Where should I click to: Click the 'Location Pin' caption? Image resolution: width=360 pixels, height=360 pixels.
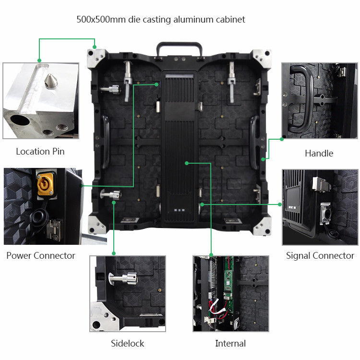[x=40, y=152]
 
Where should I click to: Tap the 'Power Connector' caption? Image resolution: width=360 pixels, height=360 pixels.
[x=41, y=255]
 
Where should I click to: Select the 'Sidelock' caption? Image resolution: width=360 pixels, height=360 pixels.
[x=127, y=344]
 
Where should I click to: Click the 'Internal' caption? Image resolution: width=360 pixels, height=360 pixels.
[x=230, y=344]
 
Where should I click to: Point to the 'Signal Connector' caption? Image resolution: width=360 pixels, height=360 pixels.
[x=320, y=255]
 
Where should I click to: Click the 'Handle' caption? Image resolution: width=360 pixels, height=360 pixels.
[x=319, y=154]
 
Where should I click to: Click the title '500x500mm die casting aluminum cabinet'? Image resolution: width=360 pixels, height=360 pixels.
[x=161, y=20]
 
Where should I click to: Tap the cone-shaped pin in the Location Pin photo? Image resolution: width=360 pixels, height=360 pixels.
[x=51, y=81]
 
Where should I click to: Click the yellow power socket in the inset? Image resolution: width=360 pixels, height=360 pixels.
[x=45, y=184]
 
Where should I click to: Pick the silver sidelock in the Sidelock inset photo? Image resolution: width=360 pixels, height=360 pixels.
[x=124, y=278]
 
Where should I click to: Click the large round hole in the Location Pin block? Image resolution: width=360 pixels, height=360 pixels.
[x=20, y=120]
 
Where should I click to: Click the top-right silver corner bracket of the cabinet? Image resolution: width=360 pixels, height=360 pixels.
[x=262, y=59]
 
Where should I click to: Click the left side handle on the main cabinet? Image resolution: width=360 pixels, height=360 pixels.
[x=106, y=142]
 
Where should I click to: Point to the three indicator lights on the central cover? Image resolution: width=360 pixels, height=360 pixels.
[x=180, y=210]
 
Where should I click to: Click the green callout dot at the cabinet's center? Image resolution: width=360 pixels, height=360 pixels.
[x=187, y=163]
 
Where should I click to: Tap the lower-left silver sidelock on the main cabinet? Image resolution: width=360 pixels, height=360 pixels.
[x=111, y=195]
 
